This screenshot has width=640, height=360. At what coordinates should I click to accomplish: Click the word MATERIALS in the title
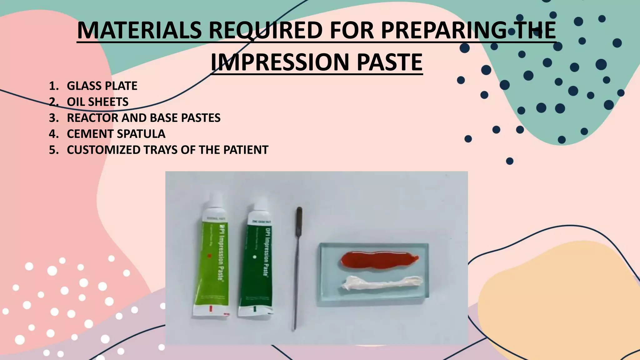click(x=139, y=30)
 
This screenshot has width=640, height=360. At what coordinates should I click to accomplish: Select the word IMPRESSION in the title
click(x=280, y=62)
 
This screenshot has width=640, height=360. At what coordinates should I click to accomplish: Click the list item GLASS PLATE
click(x=102, y=86)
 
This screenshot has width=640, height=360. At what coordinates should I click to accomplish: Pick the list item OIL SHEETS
click(x=97, y=102)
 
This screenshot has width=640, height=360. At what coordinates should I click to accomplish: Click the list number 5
click(x=53, y=150)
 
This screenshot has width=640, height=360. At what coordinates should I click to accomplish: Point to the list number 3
click(x=53, y=118)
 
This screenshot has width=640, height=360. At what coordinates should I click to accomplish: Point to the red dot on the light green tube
click(x=210, y=256)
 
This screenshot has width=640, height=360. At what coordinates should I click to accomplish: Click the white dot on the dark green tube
click(x=254, y=257)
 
